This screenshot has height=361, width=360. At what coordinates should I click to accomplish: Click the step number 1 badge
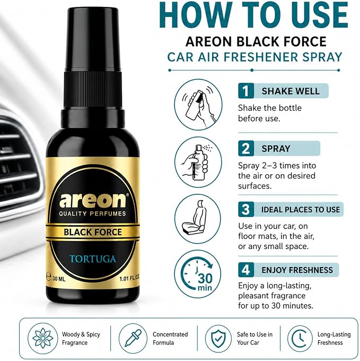[246, 91]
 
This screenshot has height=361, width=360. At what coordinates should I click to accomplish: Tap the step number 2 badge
[246, 148]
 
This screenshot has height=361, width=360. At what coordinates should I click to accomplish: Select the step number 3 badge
[246, 209]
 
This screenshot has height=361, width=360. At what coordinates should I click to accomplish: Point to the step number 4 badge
[246, 270]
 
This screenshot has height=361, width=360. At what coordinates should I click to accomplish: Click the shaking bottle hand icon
[198, 105]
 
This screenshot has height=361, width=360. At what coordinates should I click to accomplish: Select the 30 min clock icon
[197, 274]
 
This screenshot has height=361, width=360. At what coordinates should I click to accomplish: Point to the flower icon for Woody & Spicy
[43, 338]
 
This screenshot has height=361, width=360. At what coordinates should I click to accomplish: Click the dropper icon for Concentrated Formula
[133, 338]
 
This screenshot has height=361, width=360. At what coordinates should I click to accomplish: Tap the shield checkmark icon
[218, 339]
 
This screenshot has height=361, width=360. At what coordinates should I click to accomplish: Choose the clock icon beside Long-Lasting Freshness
[300, 339]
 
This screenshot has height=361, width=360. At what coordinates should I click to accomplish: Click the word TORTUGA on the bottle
[93, 259]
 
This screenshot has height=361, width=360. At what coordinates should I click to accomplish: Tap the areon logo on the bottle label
[93, 200]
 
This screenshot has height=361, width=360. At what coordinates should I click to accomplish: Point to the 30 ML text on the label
[59, 279]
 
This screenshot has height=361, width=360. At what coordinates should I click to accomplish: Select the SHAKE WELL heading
[291, 91]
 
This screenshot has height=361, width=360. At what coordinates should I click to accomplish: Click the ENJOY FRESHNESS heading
[297, 270]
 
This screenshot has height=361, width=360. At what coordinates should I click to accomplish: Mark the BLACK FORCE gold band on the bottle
[93, 232]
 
